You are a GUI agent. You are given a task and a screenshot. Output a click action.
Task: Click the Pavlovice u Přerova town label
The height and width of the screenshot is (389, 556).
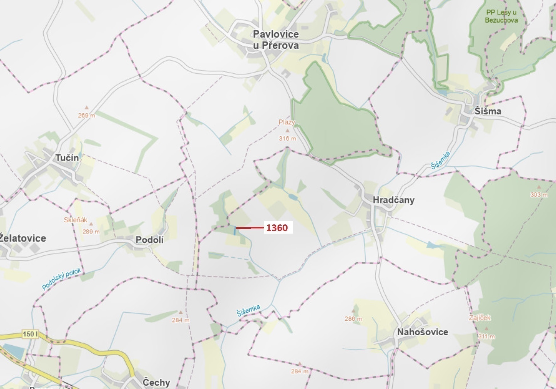[276, 40]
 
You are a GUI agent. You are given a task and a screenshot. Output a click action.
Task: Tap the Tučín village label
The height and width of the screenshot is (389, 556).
[67, 158]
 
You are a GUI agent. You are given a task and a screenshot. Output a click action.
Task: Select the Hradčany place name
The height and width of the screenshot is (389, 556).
[393, 200]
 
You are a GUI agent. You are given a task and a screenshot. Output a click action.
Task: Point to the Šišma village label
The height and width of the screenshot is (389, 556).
[488, 111]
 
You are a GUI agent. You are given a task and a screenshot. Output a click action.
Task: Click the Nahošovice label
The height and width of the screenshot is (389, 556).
[422, 332]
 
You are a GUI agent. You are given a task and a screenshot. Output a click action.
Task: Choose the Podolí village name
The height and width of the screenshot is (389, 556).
[149, 240]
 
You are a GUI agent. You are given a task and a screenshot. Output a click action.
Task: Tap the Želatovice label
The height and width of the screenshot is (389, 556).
[23, 238]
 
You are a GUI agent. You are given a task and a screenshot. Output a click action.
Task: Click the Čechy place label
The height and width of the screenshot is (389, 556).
[156, 382]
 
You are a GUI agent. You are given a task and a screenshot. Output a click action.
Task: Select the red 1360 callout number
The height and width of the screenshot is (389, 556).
[277, 228]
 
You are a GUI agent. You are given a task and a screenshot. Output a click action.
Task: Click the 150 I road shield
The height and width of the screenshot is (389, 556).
[30, 334]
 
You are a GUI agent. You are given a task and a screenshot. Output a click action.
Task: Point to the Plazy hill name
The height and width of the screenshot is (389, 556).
[287, 122]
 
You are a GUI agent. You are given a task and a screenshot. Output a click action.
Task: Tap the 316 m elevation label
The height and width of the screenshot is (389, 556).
[288, 139]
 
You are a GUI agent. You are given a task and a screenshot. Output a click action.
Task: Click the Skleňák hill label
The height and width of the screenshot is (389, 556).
[76, 220]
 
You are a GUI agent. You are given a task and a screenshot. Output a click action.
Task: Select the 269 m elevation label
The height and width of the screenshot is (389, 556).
[86, 116]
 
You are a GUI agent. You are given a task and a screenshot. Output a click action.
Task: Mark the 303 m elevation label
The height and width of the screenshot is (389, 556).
[539, 195]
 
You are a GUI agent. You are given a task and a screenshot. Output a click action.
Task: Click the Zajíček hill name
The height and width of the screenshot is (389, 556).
[480, 318]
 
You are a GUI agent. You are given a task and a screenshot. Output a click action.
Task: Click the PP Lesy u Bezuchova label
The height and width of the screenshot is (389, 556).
[501, 16]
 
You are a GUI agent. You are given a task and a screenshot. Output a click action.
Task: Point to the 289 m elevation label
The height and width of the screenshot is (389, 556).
[91, 232]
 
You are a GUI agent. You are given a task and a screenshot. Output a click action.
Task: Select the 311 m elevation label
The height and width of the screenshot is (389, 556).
[486, 337]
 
